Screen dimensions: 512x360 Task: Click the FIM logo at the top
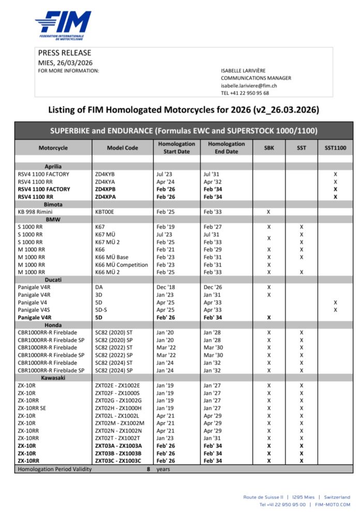[63, 25]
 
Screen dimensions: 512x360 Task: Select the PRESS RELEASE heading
[65, 53]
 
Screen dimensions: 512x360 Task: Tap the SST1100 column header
[335, 148]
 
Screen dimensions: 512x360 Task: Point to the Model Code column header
[123, 148]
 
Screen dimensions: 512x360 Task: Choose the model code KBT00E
[106, 212]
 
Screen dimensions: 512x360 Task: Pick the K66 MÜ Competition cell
[122, 265]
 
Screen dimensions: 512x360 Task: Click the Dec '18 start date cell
[167, 287]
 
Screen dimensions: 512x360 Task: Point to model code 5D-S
[102, 310]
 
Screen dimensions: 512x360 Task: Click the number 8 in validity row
[148, 469]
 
